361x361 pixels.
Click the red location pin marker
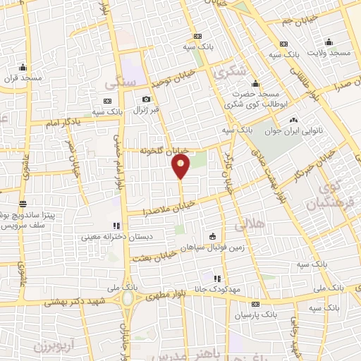coord(181,166)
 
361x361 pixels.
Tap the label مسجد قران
coord(23,77)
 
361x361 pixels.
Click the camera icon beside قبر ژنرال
coord(146,99)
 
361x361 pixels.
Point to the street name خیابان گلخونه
coord(164,150)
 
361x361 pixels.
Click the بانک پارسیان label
coord(255,312)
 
